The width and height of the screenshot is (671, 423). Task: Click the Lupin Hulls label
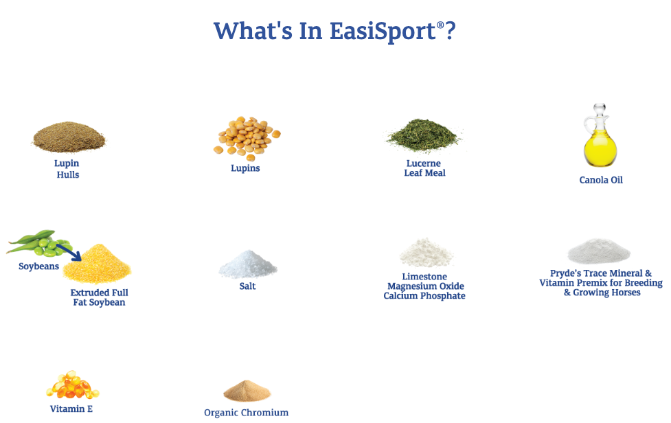67,169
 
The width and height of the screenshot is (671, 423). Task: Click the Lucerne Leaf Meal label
424,168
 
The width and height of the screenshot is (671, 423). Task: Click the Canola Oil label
600,181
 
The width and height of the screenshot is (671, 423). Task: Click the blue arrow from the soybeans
69,252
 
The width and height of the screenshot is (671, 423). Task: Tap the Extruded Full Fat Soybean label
99,297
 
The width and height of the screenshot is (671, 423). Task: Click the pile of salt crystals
247,265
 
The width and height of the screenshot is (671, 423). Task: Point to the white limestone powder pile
426,253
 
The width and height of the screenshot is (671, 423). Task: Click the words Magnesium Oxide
425,286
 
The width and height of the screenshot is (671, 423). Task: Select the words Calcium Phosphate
424,296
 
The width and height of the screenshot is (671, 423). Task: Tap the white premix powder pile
598,252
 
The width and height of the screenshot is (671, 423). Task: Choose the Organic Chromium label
246,413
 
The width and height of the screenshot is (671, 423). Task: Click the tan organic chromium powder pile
247,391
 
